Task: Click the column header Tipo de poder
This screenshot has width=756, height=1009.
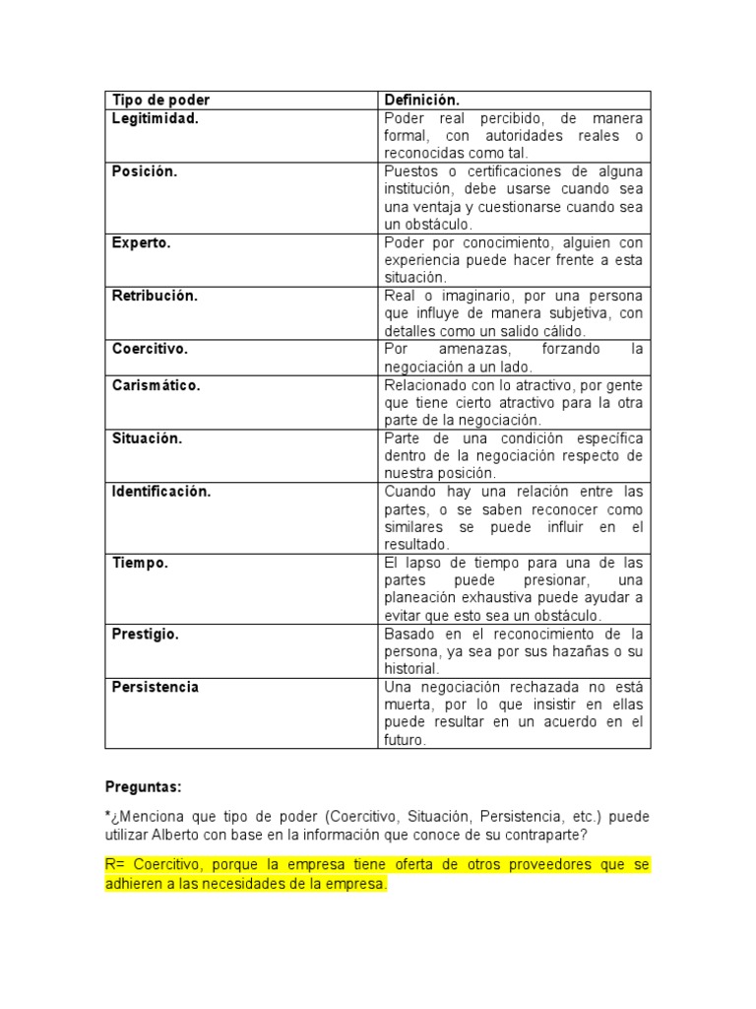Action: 160,100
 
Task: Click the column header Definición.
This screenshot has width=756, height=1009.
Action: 422,100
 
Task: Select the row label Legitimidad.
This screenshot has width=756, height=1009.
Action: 155,118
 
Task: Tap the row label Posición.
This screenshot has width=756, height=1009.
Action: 145,171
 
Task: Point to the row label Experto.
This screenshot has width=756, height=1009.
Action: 141,242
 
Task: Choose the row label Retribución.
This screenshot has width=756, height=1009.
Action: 155,296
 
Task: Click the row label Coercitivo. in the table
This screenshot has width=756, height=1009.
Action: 150,349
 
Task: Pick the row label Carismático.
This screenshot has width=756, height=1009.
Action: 156,385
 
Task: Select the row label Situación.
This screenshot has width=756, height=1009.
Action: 147,438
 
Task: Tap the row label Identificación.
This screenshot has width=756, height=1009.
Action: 161,492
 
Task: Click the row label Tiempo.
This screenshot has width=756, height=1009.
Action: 140,563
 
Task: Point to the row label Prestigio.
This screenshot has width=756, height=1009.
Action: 146,634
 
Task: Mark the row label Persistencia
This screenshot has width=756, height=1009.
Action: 155,687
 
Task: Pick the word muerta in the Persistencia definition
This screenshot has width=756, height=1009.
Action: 406,705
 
